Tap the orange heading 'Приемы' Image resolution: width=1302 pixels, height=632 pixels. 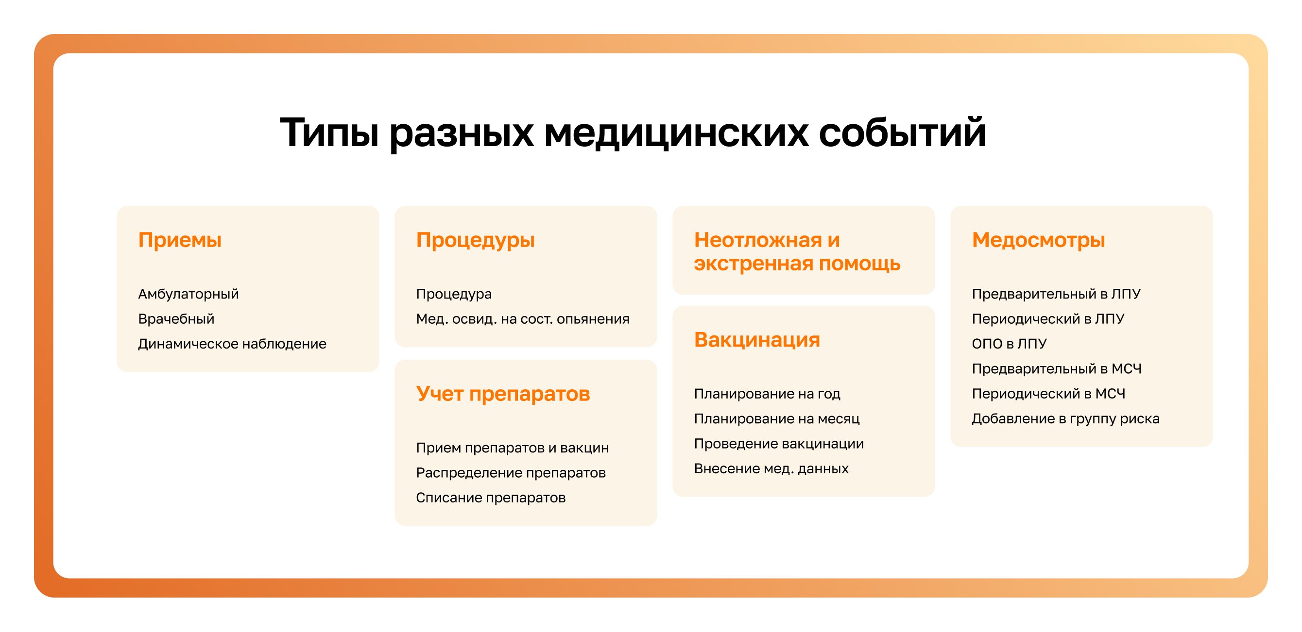[180, 240]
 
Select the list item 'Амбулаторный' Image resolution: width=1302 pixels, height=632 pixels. [188, 294]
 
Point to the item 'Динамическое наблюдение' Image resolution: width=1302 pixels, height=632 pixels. [233, 344]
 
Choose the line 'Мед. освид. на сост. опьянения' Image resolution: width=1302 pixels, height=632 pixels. [523, 319]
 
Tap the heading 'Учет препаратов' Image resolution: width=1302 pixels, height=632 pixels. [503, 394]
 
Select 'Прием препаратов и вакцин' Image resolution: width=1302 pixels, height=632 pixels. [513, 448]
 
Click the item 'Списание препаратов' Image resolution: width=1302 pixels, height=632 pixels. [491, 498]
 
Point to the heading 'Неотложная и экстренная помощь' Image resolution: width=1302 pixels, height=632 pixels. [797, 251]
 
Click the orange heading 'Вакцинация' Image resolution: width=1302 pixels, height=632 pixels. [757, 340]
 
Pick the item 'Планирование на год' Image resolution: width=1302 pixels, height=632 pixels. [767, 394]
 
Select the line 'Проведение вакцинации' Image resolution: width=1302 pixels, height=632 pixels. [779, 444]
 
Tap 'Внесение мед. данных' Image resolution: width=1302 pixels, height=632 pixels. [771, 468]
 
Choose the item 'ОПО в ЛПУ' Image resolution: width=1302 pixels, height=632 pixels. [1010, 344]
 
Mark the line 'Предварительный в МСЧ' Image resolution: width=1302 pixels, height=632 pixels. [1057, 369]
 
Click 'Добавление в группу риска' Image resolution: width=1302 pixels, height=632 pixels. [1066, 419]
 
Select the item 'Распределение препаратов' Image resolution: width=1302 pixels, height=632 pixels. [511, 473]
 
